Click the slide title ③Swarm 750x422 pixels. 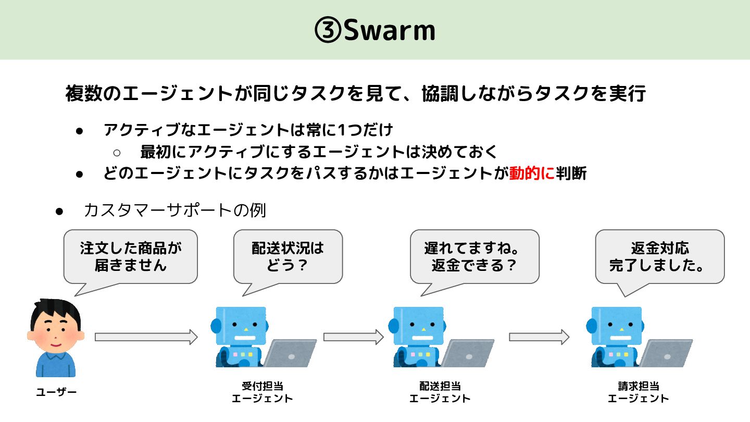click(375, 31)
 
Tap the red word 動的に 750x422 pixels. click(532, 173)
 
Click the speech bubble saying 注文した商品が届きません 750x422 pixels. click(131, 256)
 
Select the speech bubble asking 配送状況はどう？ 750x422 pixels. click(287, 256)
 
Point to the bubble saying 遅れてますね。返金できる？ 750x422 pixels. click(474, 256)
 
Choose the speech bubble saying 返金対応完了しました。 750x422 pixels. click(659, 256)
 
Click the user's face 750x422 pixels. click(55, 331)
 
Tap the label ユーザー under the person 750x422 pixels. click(56, 392)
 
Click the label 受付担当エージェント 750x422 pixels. click(262, 392)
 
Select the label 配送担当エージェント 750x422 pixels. click(440, 392)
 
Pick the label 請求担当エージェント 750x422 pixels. click(638, 392)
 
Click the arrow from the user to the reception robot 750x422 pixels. click(146, 337)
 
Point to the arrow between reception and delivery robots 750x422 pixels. click(353, 337)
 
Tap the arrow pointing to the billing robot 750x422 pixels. click(539, 337)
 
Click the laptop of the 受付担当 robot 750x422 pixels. click(289, 354)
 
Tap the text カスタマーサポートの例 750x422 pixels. click(174, 210)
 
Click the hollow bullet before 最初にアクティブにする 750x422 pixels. click(117, 152)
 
